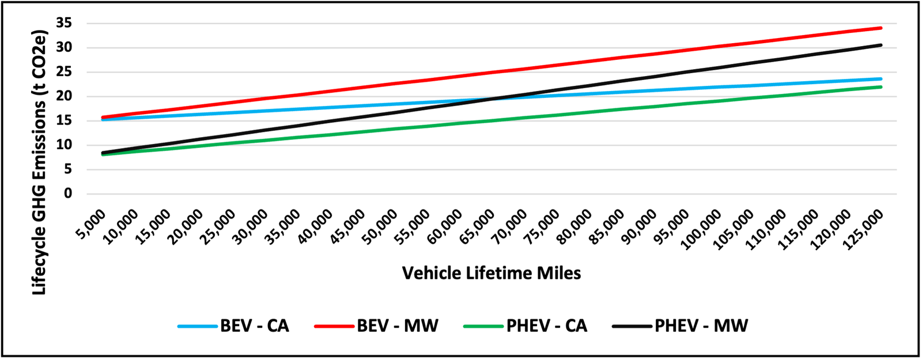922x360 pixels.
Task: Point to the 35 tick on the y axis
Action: (64, 24)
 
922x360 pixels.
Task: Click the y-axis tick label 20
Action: (64, 96)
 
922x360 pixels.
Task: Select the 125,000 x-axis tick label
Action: (862, 228)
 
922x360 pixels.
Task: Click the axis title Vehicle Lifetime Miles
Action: (491, 273)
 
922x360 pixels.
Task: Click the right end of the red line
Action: (881, 28)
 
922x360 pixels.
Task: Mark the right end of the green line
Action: (881, 87)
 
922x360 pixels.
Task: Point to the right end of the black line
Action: (881, 45)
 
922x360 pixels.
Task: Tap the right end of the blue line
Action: (881, 79)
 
